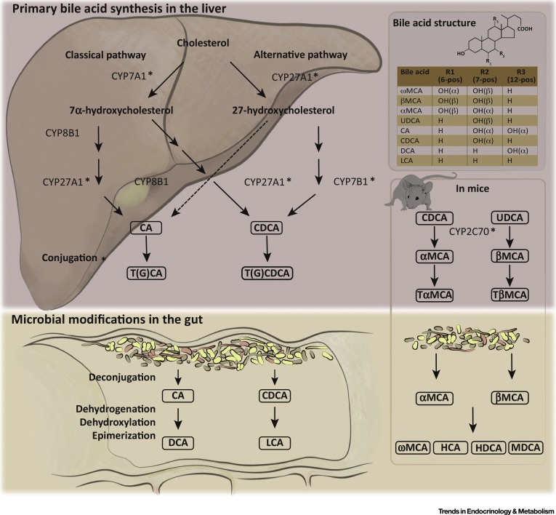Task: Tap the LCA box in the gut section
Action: click(x=273, y=442)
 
